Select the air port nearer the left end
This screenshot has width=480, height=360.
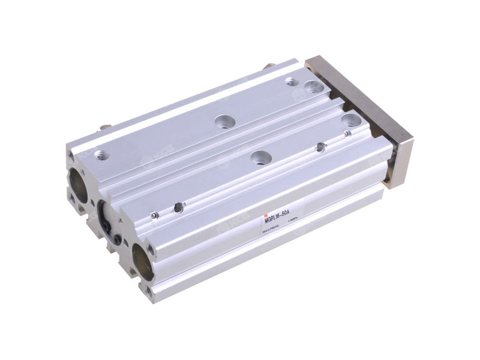click(178, 208)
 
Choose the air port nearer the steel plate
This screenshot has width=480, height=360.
click(321, 146)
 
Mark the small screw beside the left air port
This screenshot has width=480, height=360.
click(155, 215)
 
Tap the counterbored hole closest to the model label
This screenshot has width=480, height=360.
click(259, 158)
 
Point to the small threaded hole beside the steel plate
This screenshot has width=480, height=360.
click(292, 81)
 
